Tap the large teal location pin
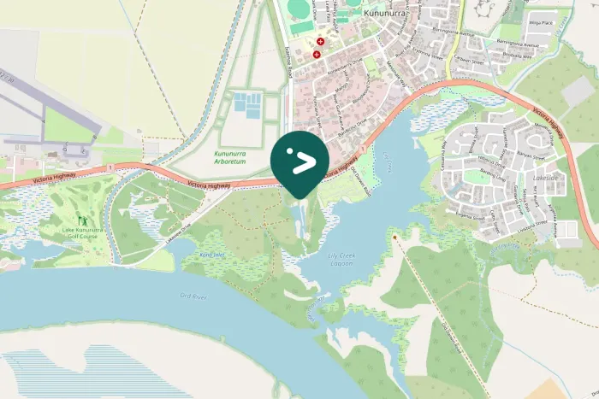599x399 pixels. tap(299, 161)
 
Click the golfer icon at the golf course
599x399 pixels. tap(82, 220)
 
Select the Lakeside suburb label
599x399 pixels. tap(545, 178)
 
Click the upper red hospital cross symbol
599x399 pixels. tap(321, 41)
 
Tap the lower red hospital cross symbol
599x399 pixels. tap(317, 55)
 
